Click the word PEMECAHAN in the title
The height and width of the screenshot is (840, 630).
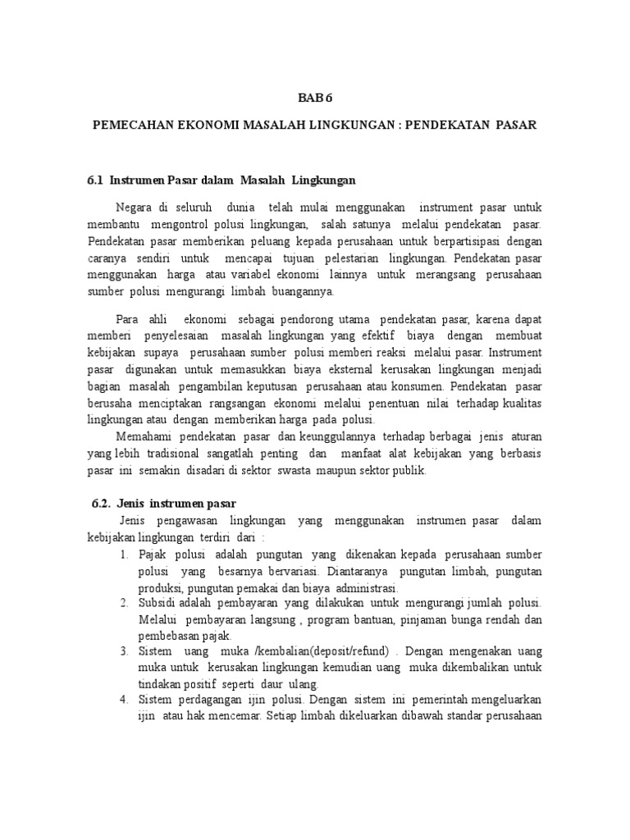click(130, 126)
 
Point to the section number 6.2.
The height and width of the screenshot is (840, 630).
click(101, 503)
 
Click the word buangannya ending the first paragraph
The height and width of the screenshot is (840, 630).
click(298, 291)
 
